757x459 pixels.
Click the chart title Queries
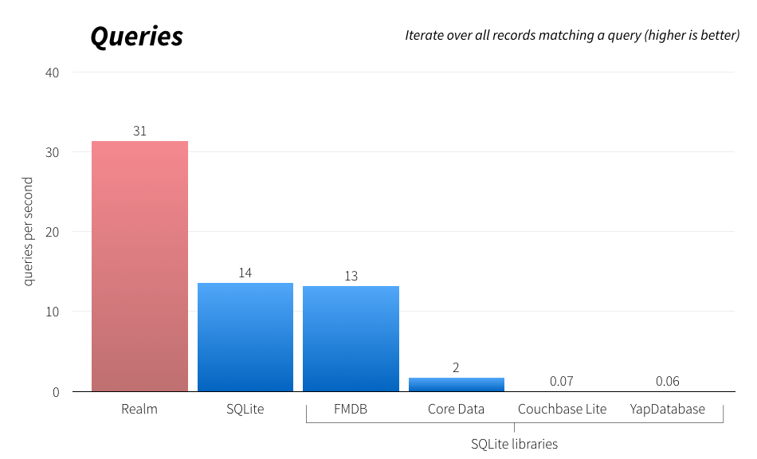click(136, 37)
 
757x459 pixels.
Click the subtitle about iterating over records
click(572, 35)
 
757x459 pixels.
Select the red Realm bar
click(139, 266)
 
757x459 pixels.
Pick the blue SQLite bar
click(245, 337)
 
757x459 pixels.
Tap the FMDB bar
click(351, 339)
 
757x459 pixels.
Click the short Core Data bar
click(456, 384)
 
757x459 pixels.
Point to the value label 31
click(139, 131)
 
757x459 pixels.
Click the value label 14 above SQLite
click(245, 273)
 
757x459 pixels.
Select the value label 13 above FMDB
click(351, 276)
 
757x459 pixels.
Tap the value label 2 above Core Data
click(456, 367)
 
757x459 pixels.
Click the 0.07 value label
click(562, 381)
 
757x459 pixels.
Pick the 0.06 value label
click(667, 381)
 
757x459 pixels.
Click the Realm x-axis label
click(139, 409)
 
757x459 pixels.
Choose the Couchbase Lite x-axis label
click(562, 409)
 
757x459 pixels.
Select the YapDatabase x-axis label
click(667, 409)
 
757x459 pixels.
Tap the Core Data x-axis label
click(456, 409)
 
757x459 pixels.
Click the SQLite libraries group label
click(514, 444)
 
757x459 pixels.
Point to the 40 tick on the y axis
click(52, 73)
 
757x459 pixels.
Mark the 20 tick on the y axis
click(52, 232)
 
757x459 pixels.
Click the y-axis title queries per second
click(28, 231)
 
